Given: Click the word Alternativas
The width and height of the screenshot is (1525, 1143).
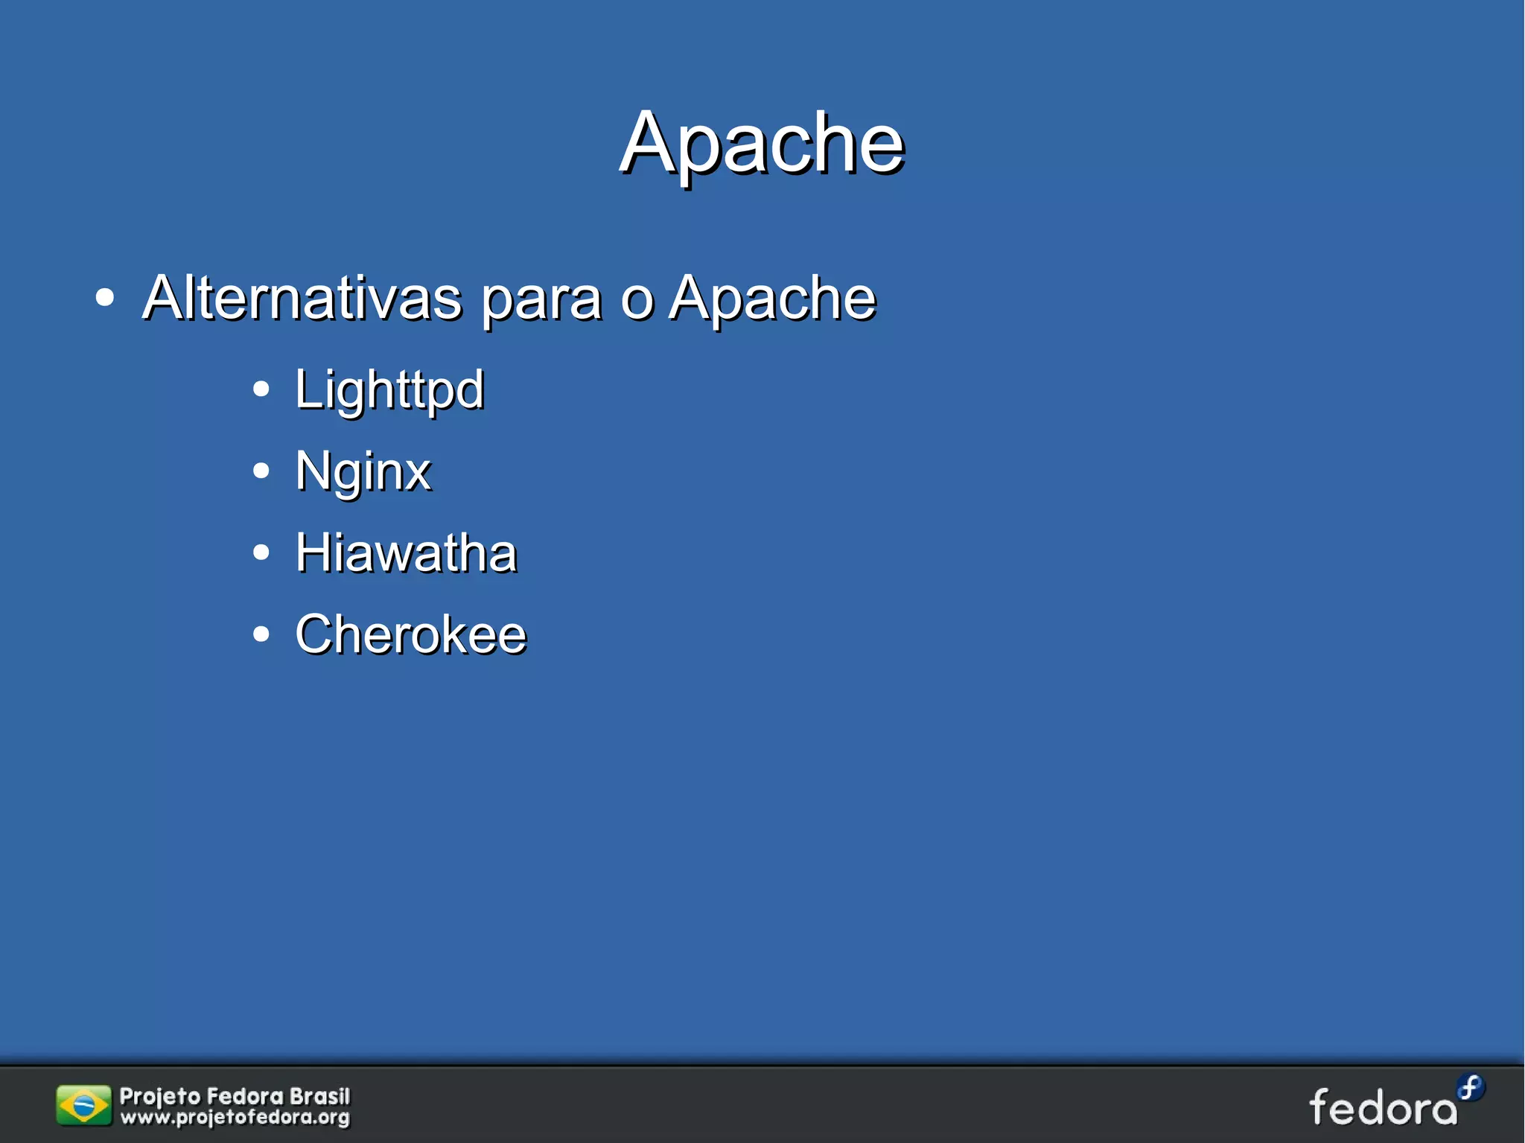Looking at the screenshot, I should tap(302, 298).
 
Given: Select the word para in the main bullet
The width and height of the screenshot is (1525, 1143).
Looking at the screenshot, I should tap(541, 299).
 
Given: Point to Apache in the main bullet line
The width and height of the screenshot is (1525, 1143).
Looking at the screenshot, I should tap(772, 298).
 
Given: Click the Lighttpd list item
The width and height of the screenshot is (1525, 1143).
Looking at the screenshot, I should tap(389, 389).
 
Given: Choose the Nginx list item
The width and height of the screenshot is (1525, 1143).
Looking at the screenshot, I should tap(363, 471).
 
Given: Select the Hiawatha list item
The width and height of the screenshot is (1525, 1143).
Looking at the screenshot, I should tap(406, 553).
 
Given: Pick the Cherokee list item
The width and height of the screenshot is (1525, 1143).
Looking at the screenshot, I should tap(410, 634).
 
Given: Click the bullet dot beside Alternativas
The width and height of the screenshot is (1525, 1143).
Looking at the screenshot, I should tap(105, 298).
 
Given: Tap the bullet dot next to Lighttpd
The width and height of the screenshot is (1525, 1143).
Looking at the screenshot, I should tap(261, 389).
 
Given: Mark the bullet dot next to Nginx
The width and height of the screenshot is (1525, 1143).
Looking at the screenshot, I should tap(261, 471).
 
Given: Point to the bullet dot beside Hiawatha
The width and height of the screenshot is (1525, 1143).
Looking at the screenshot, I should tap(261, 553).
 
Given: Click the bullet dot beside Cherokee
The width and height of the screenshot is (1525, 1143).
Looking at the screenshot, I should tap(261, 634).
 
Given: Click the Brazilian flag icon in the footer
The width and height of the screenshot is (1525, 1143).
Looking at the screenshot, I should tap(83, 1105).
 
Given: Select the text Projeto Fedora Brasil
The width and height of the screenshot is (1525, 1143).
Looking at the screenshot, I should tap(235, 1096).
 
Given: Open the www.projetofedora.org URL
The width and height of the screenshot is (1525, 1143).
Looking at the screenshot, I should tap(235, 1117).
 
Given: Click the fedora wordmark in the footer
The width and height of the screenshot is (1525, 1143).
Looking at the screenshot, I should tap(1383, 1108).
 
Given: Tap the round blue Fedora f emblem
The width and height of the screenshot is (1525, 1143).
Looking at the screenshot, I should tap(1471, 1087).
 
